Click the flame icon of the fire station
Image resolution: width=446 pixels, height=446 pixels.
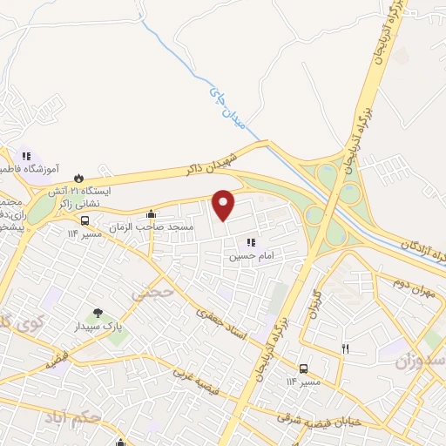pos(79,175)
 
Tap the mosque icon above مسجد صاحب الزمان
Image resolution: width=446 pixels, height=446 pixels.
pos(152,213)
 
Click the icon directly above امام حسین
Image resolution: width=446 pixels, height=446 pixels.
pos(252,242)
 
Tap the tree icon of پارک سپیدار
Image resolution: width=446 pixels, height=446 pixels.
pos(98,314)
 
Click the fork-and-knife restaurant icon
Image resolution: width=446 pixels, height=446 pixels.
pos(345,348)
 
